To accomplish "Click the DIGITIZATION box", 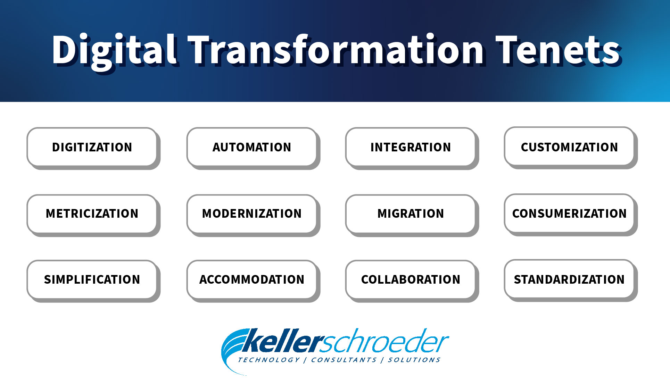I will coord(92,147).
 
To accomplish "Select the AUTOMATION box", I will coord(252,147).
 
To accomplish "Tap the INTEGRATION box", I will coord(411,147).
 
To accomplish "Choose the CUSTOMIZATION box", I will coord(569,147).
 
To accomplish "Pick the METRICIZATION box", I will coord(92,213).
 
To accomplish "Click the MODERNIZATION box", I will coord(252,213).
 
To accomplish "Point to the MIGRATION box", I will coord(411,213).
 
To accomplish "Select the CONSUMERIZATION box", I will coord(569,213).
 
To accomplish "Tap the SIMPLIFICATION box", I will coord(92,279).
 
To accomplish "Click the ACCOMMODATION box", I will coord(252,279).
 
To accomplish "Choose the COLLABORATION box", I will coord(411,279).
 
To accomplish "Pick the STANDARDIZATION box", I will coord(569,279).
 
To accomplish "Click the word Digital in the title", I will coord(115,50).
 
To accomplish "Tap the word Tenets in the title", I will coord(558,50).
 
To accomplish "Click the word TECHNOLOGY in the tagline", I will coord(268,360).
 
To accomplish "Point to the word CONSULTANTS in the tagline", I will coord(344,360).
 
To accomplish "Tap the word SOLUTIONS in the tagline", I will coord(414,360).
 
